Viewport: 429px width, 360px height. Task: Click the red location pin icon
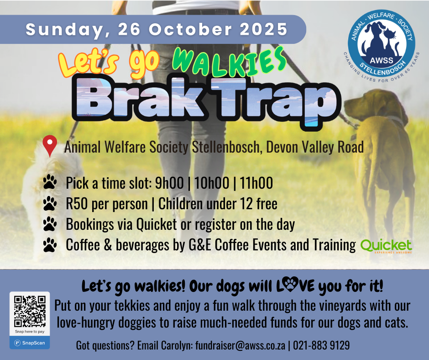[x=50, y=145]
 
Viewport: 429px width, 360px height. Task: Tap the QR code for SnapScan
[x=30, y=312]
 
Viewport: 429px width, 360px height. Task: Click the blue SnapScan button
[x=30, y=343]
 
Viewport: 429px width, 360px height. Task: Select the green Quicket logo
[x=386, y=246]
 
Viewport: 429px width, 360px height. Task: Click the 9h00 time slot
[x=169, y=183]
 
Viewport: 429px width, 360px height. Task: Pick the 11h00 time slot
[x=256, y=183]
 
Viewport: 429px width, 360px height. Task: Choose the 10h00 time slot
[x=211, y=183]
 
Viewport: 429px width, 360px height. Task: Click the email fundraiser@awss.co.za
[x=240, y=345]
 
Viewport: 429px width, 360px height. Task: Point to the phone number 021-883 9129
[x=321, y=345]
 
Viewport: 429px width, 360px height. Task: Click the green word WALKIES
[x=229, y=62]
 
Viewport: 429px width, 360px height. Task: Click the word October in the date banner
[x=191, y=29]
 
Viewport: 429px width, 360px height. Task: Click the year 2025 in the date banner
[x=264, y=29]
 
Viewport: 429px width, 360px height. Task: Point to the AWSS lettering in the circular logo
[x=382, y=60]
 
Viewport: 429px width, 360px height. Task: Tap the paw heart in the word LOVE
[x=290, y=284]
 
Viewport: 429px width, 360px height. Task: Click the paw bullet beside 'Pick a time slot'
[x=50, y=182]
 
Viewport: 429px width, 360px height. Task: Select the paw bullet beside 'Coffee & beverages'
[x=50, y=245]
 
